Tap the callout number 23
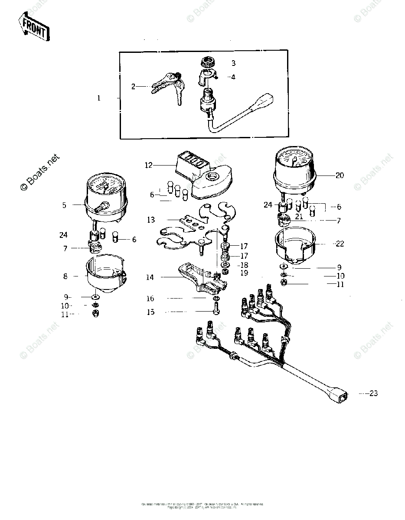pos(373,393)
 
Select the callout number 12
pos(149,165)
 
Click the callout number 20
pos(339,175)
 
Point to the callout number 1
pos(98,98)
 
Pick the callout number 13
pos(150,220)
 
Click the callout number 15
pos(150,312)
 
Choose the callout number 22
pos(340,244)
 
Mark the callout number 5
pos(64,205)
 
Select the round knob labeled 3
pos(207,61)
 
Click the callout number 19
pos(244,273)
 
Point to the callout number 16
pos(150,299)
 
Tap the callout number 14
pos(150,277)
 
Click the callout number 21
pos(299,217)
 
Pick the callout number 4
pos(233,77)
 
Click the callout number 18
pos(244,265)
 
